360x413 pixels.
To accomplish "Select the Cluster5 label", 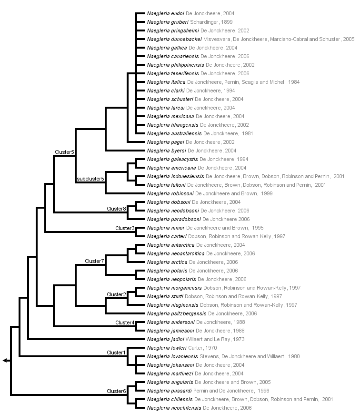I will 64,152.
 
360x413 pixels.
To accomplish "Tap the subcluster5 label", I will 90,180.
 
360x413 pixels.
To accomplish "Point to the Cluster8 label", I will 116,209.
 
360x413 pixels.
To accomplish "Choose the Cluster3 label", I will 125,228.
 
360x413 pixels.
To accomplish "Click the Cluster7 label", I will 94,261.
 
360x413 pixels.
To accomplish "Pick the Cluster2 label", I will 116,294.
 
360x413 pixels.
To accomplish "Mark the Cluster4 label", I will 125,322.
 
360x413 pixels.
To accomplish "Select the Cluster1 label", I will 116,353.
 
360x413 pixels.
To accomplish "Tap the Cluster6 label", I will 116,391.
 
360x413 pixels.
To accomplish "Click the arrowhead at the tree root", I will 5,361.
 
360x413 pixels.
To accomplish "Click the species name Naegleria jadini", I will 163,339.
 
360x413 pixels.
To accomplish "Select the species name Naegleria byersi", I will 164,151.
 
